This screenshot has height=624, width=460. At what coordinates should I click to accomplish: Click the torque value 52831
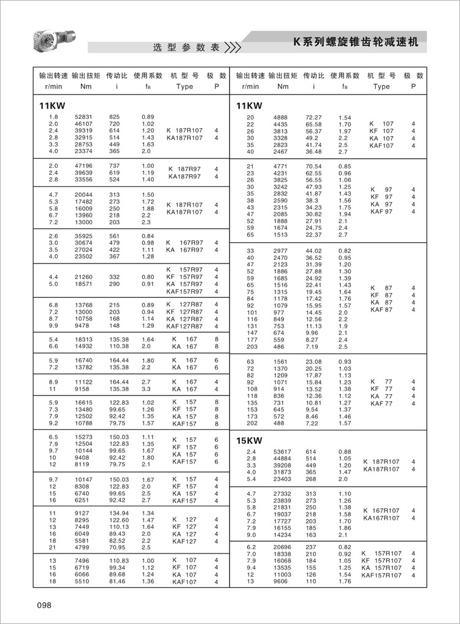click(x=83, y=116)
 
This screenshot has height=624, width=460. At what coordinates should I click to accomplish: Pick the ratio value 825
click(x=114, y=116)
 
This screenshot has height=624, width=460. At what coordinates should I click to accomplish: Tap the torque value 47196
click(x=83, y=166)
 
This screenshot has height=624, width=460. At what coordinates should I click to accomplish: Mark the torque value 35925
click(x=83, y=236)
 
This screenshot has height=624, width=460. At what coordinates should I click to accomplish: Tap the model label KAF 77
click(x=381, y=403)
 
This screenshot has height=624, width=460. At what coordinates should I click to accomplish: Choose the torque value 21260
click(x=83, y=277)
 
